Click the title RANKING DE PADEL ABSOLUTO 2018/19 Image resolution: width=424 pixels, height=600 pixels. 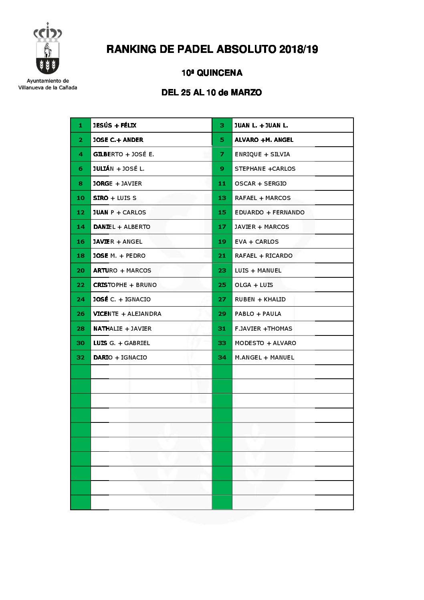[x=212, y=49]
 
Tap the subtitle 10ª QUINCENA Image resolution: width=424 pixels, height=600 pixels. [x=212, y=73]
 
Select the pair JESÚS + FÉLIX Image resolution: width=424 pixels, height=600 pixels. [x=115, y=125]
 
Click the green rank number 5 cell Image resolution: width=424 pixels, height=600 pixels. [x=222, y=140]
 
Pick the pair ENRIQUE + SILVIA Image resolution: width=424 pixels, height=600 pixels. [x=262, y=154]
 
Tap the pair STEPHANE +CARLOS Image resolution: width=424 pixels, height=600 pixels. [x=265, y=169]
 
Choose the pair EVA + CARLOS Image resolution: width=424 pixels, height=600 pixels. [x=256, y=242]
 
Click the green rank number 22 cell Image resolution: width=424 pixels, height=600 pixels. [x=81, y=285]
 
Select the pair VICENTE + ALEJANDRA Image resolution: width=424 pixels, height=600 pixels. [x=127, y=314]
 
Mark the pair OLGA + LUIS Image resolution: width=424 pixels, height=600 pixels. [x=254, y=285]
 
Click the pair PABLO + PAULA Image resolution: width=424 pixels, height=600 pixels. [x=258, y=314]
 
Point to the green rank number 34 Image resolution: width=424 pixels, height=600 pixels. [x=222, y=358]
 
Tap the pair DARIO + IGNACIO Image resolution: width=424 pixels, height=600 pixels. [x=120, y=358]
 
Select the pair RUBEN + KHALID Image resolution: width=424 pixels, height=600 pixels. [x=260, y=299]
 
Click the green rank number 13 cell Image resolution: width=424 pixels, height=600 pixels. [x=222, y=198]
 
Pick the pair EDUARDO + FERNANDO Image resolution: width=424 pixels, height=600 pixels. [x=269, y=212]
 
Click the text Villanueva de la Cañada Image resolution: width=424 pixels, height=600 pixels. [x=48, y=87]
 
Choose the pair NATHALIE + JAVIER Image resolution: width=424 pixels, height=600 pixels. [x=122, y=329]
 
